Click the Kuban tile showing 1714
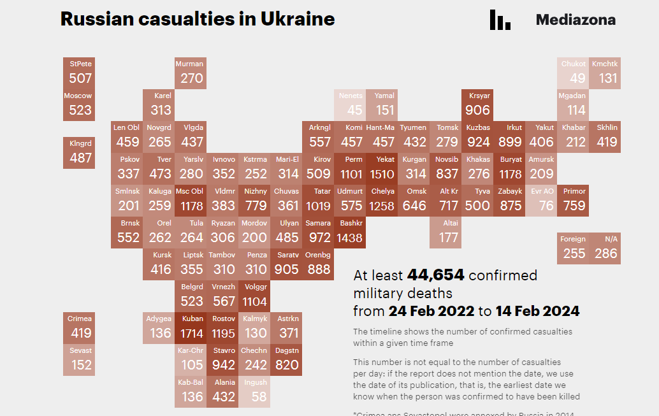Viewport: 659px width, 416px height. pyautogui.click(x=191, y=327)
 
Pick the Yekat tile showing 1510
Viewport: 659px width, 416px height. pyautogui.click(x=382, y=168)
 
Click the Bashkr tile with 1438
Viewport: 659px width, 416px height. pyautogui.click(x=350, y=232)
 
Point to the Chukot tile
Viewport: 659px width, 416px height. pyautogui.click(x=573, y=73)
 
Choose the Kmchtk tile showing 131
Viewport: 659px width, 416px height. pyautogui.click(x=605, y=73)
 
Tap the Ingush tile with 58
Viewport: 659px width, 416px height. pyautogui.click(x=255, y=391)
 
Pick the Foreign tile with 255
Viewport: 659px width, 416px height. pyautogui.click(x=573, y=248)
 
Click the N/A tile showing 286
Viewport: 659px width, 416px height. pyautogui.click(x=605, y=248)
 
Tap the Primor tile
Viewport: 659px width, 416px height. pyautogui.click(x=573, y=200)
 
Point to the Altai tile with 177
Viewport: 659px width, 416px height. pyautogui.click(x=445, y=232)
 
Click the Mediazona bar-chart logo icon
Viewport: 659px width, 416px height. pyautogui.click(x=500, y=20)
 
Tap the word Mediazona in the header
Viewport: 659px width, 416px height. pyautogui.click(x=576, y=20)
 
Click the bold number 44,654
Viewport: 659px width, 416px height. pyautogui.click(x=435, y=275)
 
